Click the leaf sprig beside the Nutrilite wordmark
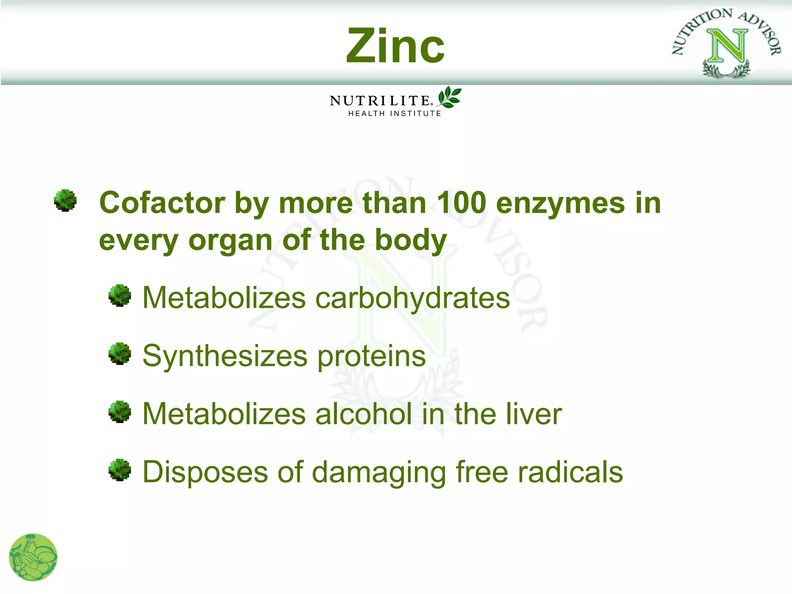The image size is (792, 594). pyautogui.click(x=449, y=97)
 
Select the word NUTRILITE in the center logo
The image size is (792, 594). pyautogui.click(x=380, y=101)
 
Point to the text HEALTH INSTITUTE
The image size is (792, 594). pyautogui.click(x=394, y=114)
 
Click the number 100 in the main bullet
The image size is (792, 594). pyautogui.click(x=461, y=203)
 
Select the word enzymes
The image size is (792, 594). pyautogui.click(x=560, y=203)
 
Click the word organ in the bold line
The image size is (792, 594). pyautogui.click(x=230, y=241)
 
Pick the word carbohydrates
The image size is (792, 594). pyautogui.click(x=413, y=298)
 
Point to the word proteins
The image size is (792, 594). pyautogui.click(x=371, y=356)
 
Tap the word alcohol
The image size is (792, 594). pyautogui.click(x=364, y=414)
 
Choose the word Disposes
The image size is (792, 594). pyautogui.click(x=205, y=473)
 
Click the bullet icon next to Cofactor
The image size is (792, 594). pyautogui.click(x=65, y=200)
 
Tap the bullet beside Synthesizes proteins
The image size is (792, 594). pyautogui.click(x=120, y=353)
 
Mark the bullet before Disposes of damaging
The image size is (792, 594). pyautogui.click(x=120, y=470)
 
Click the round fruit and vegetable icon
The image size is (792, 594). pyautogui.click(x=33, y=557)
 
